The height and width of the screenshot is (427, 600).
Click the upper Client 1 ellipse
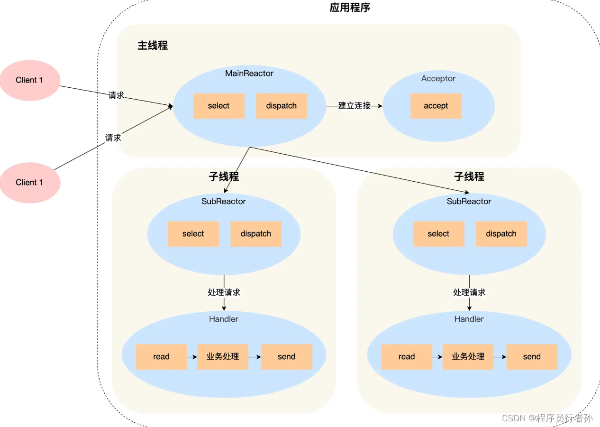point(29,80)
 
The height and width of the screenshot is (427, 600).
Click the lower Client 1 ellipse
point(29,183)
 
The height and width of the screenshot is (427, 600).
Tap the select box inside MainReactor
point(218,106)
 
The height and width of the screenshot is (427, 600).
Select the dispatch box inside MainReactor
point(281,106)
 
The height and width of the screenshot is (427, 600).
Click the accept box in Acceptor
point(436,106)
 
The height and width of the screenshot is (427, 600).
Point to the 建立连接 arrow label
point(354,106)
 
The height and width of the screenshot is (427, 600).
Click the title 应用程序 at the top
point(350,8)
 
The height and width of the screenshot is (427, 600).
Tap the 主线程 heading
point(153,46)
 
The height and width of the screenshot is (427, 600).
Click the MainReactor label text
point(249,74)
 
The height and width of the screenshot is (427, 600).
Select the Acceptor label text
point(438,79)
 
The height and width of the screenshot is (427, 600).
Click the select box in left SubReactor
point(193,234)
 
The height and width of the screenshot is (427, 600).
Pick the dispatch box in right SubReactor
point(501,234)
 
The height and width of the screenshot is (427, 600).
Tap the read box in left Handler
point(161,357)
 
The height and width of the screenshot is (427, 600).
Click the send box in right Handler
point(532,357)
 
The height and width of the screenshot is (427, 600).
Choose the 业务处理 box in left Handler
point(223,357)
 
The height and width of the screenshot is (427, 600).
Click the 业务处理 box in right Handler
point(468,357)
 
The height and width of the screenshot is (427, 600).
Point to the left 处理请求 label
point(224,292)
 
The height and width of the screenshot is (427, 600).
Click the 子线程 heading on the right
point(469,176)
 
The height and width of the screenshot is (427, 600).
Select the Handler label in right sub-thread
point(469,319)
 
